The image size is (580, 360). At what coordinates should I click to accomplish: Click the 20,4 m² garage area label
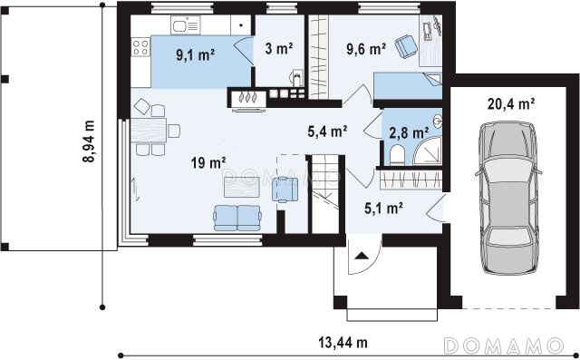pos(511,104)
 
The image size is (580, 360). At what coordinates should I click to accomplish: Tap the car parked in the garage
pos(508,198)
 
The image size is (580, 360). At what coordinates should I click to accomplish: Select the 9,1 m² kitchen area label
pos(196,54)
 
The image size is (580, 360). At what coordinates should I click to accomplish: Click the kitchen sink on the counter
pos(185,25)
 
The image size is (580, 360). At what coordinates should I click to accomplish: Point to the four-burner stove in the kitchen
pos(140,47)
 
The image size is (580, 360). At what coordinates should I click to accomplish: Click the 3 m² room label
pos(279,48)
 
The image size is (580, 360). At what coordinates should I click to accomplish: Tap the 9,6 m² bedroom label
pos(366,48)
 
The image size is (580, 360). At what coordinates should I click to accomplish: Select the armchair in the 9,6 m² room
pos(406,46)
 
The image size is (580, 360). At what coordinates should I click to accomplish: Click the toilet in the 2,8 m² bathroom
pos(397,155)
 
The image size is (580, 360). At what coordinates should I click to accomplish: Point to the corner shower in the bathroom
pos(428,150)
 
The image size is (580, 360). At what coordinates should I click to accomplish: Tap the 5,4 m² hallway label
pos(327,131)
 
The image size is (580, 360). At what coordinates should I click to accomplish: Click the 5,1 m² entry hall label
pos(383,209)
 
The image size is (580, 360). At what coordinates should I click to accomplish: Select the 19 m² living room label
pos(208,162)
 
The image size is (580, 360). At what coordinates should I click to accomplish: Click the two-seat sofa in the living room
pos(237,218)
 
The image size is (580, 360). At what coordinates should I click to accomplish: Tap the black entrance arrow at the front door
pos(361,256)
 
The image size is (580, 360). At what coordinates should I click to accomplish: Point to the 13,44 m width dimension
pos(343,343)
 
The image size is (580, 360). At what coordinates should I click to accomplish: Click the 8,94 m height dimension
pos(89,141)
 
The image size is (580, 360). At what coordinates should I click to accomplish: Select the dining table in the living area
pos(149,131)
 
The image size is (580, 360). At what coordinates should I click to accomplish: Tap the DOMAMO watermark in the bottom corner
pos(503,345)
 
